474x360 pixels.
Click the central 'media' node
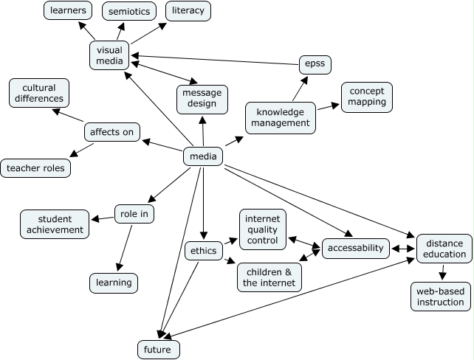(203, 156)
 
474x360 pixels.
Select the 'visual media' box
(110, 55)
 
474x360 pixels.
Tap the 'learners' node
(67, 10)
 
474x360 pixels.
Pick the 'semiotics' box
(128, 12)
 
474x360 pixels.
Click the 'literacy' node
(188, 11)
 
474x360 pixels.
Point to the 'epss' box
(315, 65)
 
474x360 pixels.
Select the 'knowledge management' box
(281, 117)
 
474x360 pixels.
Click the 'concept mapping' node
(367, 96)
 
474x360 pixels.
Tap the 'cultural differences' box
(39, 93)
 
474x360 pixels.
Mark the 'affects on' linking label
(111, 132)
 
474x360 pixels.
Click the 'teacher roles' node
(35, 168)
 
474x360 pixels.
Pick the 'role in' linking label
(134, 215)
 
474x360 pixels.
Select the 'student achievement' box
(55, 224)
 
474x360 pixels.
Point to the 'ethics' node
(203, 251)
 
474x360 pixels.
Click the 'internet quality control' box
(263, 229)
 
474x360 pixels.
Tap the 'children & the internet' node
(269, 276)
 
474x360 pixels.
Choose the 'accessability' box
(356, 248)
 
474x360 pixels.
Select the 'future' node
(159, 348)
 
